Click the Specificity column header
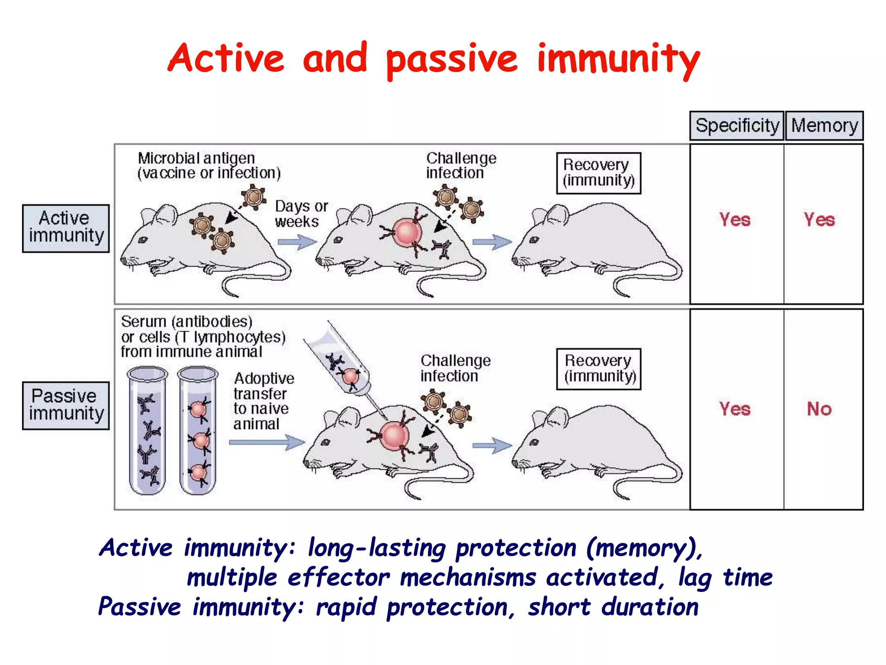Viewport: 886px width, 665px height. pos(737,126)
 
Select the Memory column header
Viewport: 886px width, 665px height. pos(824,126)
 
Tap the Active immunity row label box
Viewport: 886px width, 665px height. pos(66,228)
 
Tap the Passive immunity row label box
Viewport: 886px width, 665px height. pos(66,405)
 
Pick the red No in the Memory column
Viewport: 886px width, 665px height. pos(819,409)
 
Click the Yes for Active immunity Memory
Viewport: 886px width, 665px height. pos(819,220)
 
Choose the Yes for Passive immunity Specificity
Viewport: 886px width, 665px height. pos(735,409)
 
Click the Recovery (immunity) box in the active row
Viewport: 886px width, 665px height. pos(598,173)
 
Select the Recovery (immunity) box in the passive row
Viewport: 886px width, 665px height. pos(598,369)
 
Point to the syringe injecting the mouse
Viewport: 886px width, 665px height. pos(342,364)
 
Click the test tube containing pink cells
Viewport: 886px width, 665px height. pos(198,431)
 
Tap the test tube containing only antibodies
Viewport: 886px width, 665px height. pos(148,431)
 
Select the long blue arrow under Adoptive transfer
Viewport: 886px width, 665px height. pos(266,442)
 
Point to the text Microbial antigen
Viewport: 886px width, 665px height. pos(196,158)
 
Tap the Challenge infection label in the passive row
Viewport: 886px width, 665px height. pos(455,368)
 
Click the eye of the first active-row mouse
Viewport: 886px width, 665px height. pos(142,239)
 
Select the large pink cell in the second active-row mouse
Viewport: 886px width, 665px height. pos(407,233)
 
